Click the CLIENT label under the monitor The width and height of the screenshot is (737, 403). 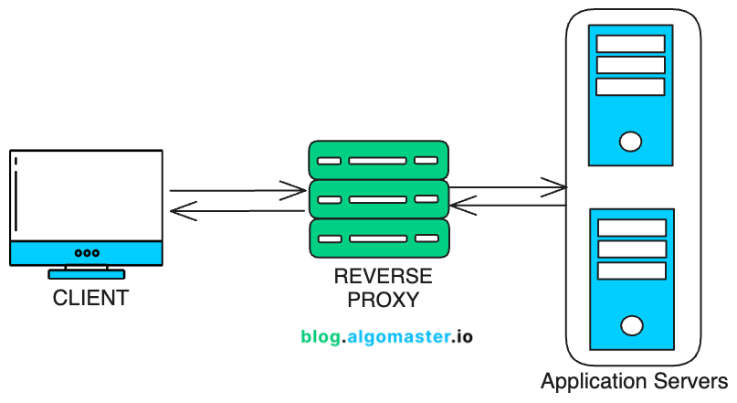pyautogui.click(x=89, y=298)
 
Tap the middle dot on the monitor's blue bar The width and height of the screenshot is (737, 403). pyautogui.click(x=87, y=253)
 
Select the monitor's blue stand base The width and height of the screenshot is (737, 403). pyautogui.click(x=87, y=273)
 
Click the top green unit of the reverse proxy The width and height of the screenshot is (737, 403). pyautogui.click(x=378, y=160)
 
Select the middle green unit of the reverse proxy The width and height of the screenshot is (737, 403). pyautogui.click(x=378, y=198)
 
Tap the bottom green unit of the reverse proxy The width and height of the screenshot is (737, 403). pyautogui.click(x=378, y=238)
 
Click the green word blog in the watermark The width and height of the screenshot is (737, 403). pyautogui.click(x=321, y=336)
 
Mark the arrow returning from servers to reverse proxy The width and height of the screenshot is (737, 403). pyautogui.click(x=508, y=207)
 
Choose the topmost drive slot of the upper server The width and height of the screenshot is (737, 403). pyautogui.click(x=630, y=44)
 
